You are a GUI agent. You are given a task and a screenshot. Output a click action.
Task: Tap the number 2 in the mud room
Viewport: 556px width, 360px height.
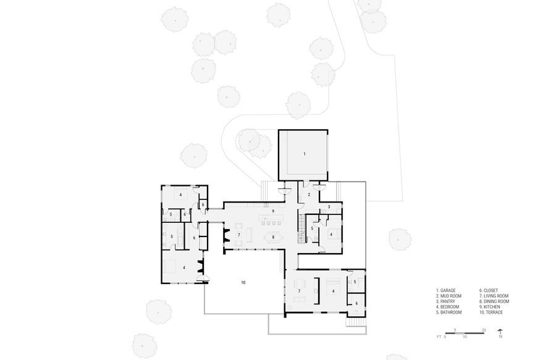click(x=309, y=195)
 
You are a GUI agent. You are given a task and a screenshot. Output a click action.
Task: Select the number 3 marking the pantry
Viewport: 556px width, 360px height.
click(x=329, y=206)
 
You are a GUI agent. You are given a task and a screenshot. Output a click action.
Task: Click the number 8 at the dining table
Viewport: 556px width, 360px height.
click(x=272, y=237)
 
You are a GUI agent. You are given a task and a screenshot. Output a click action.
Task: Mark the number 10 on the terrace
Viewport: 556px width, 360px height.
click(x=243, y=282)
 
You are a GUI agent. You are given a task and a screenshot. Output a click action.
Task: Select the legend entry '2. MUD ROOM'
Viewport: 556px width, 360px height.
click(x=450, y=296)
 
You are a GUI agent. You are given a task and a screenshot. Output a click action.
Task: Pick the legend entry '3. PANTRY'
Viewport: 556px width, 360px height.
click(x=447, y=301)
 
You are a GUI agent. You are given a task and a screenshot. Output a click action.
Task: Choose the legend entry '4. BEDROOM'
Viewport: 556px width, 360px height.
click(x=449, y=307)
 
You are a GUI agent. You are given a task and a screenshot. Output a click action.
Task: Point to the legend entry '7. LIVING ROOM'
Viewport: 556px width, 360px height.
click(x=494, y=296)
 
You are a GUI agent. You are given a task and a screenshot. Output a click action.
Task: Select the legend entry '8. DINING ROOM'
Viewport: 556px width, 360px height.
click(x=495, y=301)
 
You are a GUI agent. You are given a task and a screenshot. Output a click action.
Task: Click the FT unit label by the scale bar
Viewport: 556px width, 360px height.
click(x=437, y=338)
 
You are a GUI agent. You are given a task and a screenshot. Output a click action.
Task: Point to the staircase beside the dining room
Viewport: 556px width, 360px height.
click(x=301, y=228)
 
